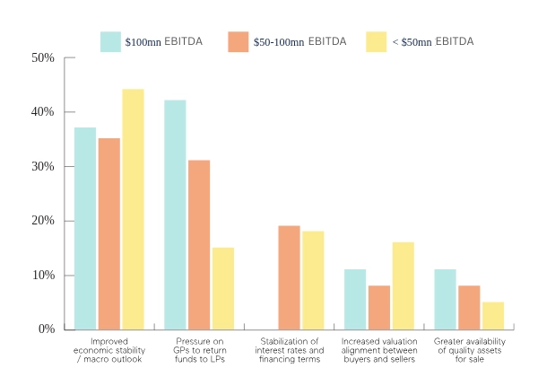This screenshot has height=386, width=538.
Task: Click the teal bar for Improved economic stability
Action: (x=85, y=228)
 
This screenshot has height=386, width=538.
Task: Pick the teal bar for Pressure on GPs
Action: (x=175, y=215)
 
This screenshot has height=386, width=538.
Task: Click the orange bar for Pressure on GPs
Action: (x=199, y=244)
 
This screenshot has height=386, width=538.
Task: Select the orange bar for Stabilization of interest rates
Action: (x=289, y=277)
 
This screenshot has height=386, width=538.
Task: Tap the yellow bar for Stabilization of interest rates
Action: (x=313, y=280)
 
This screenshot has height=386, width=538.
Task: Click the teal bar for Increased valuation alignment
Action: (x=355, y=299)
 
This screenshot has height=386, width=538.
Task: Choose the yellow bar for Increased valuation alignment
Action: (x=403, y=285)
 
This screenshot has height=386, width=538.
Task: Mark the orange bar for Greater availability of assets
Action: (x=469, y=307)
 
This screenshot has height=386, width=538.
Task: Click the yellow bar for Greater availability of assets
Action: (x=493, y=315)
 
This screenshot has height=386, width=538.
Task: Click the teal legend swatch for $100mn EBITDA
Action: (x=110, y=41)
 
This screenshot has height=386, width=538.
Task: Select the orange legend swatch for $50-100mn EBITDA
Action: (x=238, y=41)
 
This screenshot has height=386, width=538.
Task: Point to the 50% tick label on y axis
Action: (x=43, y=58)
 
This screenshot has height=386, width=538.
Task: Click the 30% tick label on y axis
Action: (x=43, y=167)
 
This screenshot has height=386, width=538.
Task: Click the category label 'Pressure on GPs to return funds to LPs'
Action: (x=199, y=350)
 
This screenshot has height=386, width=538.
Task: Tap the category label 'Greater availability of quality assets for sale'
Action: (x=469, y=350)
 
